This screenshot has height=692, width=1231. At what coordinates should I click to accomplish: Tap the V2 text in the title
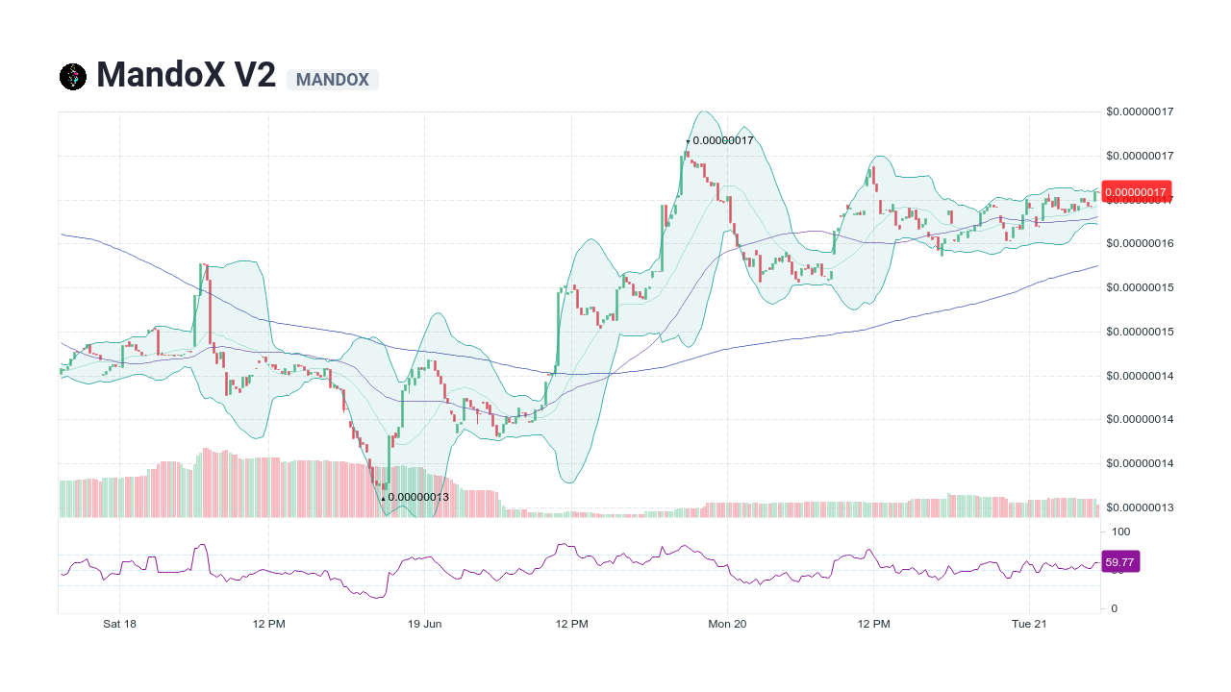255,76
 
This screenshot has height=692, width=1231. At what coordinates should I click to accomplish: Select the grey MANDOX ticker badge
333,80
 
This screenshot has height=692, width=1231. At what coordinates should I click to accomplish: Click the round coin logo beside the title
73,77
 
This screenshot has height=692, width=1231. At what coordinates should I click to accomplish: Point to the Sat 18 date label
119,624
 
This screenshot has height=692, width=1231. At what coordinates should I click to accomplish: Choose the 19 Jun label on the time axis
424,624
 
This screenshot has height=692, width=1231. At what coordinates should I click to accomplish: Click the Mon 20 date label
727,624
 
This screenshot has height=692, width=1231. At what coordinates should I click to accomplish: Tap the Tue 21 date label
1029,624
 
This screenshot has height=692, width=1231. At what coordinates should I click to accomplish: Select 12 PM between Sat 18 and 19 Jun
269,624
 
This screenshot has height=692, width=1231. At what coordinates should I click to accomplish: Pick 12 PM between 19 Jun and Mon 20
572,624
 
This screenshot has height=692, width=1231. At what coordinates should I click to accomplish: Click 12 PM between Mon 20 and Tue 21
874,624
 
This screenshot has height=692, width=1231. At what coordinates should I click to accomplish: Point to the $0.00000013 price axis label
1140,507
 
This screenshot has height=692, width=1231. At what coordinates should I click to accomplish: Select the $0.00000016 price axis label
1140,243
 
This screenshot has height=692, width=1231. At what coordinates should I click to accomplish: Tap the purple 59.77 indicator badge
1120,562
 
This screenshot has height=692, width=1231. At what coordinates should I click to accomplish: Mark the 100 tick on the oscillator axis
1120,531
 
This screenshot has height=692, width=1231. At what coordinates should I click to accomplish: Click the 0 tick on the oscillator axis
1115,608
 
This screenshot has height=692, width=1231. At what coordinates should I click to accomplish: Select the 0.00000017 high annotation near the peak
722,140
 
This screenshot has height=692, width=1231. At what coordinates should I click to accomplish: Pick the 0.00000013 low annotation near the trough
417,497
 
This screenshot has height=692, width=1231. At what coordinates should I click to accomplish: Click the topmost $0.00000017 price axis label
1140,111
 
